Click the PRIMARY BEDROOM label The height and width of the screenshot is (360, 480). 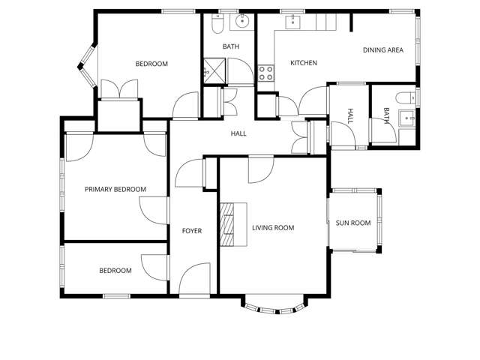[115, 190]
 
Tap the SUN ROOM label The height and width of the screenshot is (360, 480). [352, 223]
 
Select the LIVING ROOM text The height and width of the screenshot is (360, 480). [272, 228]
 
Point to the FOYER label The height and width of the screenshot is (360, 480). [192, 231]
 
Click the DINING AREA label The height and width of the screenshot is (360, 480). [383, 50]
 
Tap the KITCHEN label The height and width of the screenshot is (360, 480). [304, 63]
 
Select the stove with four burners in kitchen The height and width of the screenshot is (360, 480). [265, 73]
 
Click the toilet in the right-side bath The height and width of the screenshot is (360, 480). [404, 97]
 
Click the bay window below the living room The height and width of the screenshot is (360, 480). [274, 307]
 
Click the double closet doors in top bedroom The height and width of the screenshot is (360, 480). [118, 89]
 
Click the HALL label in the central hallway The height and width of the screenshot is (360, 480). [238, 133]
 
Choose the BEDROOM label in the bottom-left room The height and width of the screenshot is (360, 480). [115, 271]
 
